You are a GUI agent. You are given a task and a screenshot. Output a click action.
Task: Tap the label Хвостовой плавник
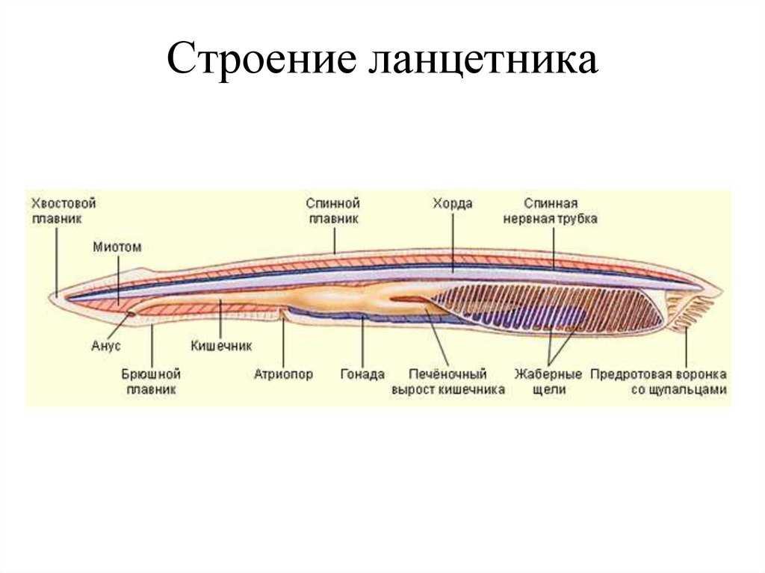click(64, 211)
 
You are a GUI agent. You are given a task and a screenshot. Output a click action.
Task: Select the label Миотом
click(117, 247)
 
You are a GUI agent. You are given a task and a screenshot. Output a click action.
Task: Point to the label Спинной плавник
click(333, 211)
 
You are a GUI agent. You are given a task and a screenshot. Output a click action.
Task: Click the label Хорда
click(452, 203)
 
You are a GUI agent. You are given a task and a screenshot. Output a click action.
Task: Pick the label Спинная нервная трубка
click(551, 211)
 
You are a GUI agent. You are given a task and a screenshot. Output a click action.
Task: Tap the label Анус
click(106, 346)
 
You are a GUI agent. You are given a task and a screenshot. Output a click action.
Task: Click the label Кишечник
click(221, 346)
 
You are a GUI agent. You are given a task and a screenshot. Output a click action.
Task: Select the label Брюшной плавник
click(151, 382)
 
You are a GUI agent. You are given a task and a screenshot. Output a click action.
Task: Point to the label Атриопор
click(283, 374)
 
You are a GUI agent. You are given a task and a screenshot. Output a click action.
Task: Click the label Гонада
click(362, 374)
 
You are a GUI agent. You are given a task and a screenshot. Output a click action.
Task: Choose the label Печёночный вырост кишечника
click(448, 382)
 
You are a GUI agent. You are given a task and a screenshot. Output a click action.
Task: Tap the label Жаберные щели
click(548, 382)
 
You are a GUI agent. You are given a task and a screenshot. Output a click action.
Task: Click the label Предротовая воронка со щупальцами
click(659, 382)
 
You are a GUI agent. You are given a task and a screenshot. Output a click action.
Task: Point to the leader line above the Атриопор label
click(283, 340)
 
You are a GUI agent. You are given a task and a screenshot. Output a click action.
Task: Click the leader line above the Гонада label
click(362, 341)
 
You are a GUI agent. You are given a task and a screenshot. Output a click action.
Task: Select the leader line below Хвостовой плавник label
click(57, 261)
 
